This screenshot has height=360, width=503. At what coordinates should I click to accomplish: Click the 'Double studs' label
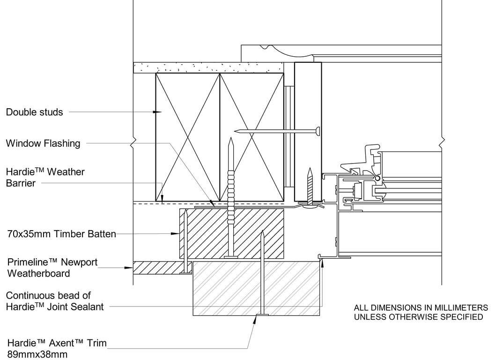point(34,112)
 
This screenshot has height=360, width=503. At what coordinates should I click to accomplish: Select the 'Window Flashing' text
point(43,143)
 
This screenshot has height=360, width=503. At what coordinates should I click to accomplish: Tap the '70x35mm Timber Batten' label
point(61,234)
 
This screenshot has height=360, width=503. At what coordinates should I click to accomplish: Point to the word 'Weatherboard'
point(38,273)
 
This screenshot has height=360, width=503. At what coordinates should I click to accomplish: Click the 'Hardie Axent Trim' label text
point(57,343)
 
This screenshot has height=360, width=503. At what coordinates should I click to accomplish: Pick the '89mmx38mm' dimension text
point(37,354)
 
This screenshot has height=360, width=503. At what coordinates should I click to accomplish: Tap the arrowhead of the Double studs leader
point(157,112)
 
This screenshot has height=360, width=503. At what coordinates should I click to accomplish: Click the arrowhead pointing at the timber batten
point(175,233)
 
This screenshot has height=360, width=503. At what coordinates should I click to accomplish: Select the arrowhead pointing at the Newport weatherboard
point(129,267)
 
